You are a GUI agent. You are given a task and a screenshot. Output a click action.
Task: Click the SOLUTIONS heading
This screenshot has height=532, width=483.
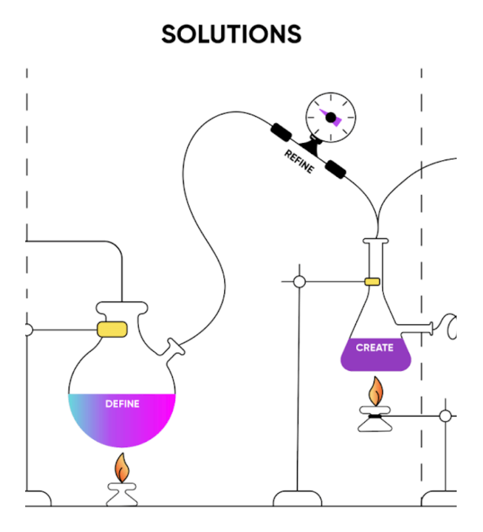click(x=231, y=34)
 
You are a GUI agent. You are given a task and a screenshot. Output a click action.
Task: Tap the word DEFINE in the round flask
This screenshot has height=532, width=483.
click(x=122, y=404)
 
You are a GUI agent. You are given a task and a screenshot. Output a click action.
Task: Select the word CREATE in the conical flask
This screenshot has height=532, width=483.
click(x=374, y=347)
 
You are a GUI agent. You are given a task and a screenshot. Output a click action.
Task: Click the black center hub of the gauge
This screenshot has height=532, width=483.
click(x=331, y=117)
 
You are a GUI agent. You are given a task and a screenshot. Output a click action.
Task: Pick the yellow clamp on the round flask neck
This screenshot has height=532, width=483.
click(x=112, y=329)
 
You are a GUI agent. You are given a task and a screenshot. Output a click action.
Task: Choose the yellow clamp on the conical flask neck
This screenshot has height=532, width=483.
click(x=372, y=281)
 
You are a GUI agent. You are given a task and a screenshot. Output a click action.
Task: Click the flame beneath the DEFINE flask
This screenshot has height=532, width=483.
click(x=121, y=468)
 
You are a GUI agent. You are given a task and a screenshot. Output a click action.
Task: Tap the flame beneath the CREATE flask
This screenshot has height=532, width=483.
click(x=375, y=391)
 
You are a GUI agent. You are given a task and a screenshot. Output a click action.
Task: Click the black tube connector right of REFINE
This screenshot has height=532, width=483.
click(x=335, y=169)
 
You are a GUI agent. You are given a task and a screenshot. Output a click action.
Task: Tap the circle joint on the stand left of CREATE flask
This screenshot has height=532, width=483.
click(x=299, y=281)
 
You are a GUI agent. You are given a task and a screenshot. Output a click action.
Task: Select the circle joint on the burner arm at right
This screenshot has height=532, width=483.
click(x=445, y=416)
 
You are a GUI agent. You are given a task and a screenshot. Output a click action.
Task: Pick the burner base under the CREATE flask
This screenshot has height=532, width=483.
click(x=375, y=422)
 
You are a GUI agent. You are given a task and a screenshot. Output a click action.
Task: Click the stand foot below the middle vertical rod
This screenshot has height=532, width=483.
click(x=297, y=498)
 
